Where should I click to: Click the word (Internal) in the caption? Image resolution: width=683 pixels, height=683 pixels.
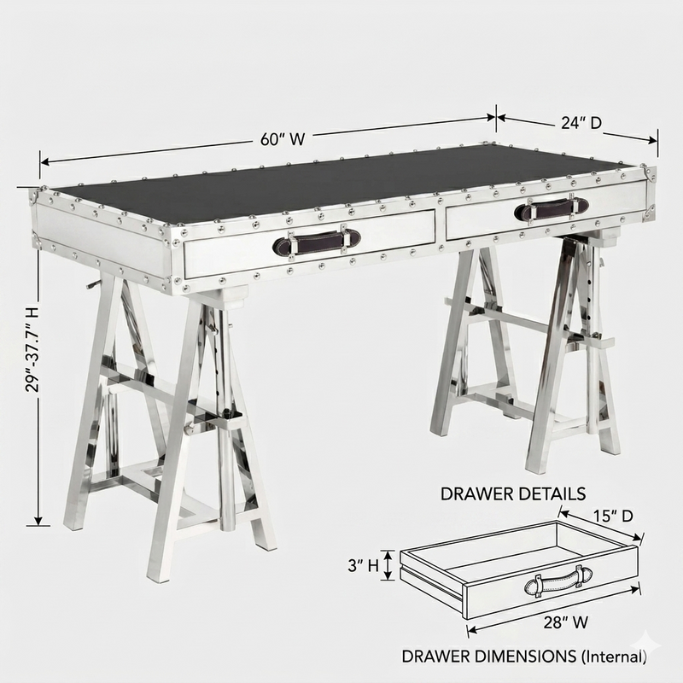pos(612,657)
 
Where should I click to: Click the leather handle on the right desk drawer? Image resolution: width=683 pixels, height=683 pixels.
pos(552,207)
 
